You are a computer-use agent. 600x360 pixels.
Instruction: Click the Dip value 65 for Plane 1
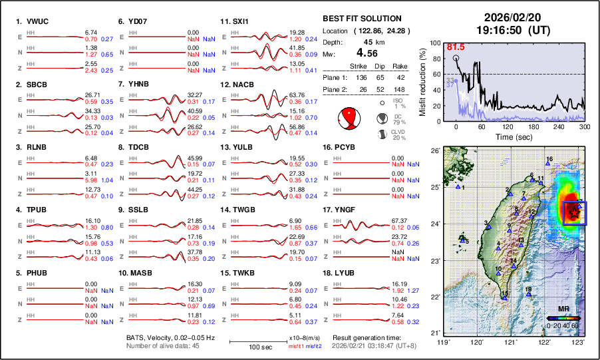click(x=380, y=78)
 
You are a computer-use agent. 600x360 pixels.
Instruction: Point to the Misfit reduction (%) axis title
click(x=422, y=81)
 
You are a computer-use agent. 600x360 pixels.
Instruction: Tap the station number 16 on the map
click(x=549, y=159)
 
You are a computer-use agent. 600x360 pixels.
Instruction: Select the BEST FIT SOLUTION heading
click(x=362, y=19)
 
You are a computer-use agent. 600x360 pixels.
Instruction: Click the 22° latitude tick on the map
click(x=434, y=296)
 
